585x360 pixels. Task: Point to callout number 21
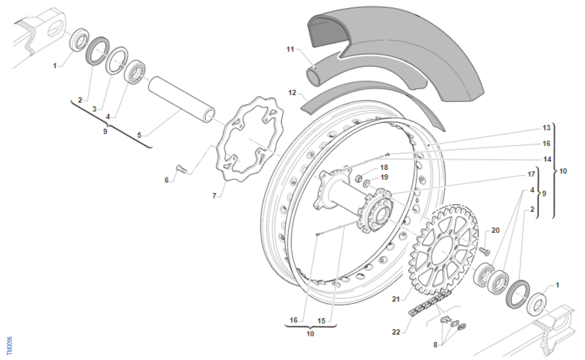395,299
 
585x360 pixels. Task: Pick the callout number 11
291,49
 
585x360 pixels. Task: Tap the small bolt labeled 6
180,169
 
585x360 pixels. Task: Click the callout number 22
395,332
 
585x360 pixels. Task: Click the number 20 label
495,230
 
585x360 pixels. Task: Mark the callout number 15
321,320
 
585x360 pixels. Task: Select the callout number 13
546,128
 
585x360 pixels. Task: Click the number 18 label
384,167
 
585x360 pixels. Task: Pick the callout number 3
94,108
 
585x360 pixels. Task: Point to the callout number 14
546,159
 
